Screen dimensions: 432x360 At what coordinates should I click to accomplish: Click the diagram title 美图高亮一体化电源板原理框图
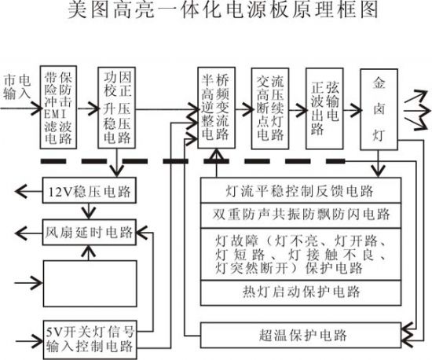pyautogui.click(x=222, y=10)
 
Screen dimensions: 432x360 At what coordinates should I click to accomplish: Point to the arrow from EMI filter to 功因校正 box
pyautogui.click(x=88, y=108)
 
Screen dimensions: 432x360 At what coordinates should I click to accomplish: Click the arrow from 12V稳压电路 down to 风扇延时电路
pyautogui.click(x=89, y=211)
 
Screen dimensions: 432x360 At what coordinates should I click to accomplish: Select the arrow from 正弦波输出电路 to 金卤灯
pyautogui.click(x=352, y=110)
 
